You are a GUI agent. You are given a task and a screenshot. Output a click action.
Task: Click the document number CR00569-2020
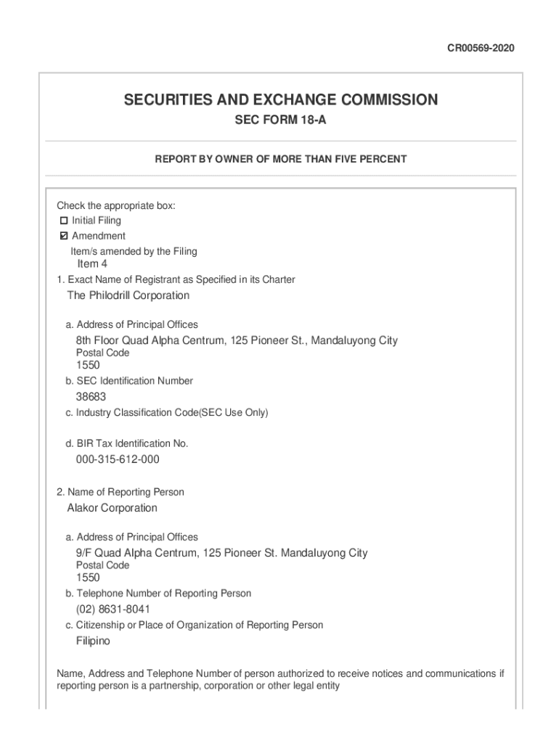(x=480, y=49)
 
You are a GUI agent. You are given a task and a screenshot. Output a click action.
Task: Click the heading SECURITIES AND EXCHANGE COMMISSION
(x=280, y=100)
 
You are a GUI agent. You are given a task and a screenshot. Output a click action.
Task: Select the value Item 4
(x=92, y=264)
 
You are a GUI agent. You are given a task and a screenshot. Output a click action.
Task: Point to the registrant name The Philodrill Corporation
(x=128, y=295)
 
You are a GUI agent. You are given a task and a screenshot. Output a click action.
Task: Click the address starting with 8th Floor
(x=237, y=340)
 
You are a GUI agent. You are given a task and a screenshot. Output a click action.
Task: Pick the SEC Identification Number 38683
(x=91, y=397)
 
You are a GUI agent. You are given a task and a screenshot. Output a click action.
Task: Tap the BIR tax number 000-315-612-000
(x=118, y=459)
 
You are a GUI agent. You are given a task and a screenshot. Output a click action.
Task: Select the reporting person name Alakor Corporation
(x=112, y=508)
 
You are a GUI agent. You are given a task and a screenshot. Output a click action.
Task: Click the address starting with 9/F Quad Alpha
(x=221, y=553)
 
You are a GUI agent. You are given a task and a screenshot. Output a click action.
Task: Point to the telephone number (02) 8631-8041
(x=113, y=609)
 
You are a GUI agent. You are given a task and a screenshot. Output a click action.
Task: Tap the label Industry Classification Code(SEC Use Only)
(x=166, y=413)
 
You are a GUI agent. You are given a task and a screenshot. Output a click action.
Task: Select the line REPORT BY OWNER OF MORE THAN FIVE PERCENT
(x=280, y=159)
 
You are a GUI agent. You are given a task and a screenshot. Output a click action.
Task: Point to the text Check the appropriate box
(x=116, y=206)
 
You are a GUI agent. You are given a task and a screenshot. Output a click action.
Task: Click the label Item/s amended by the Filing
(x=134, y=251)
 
